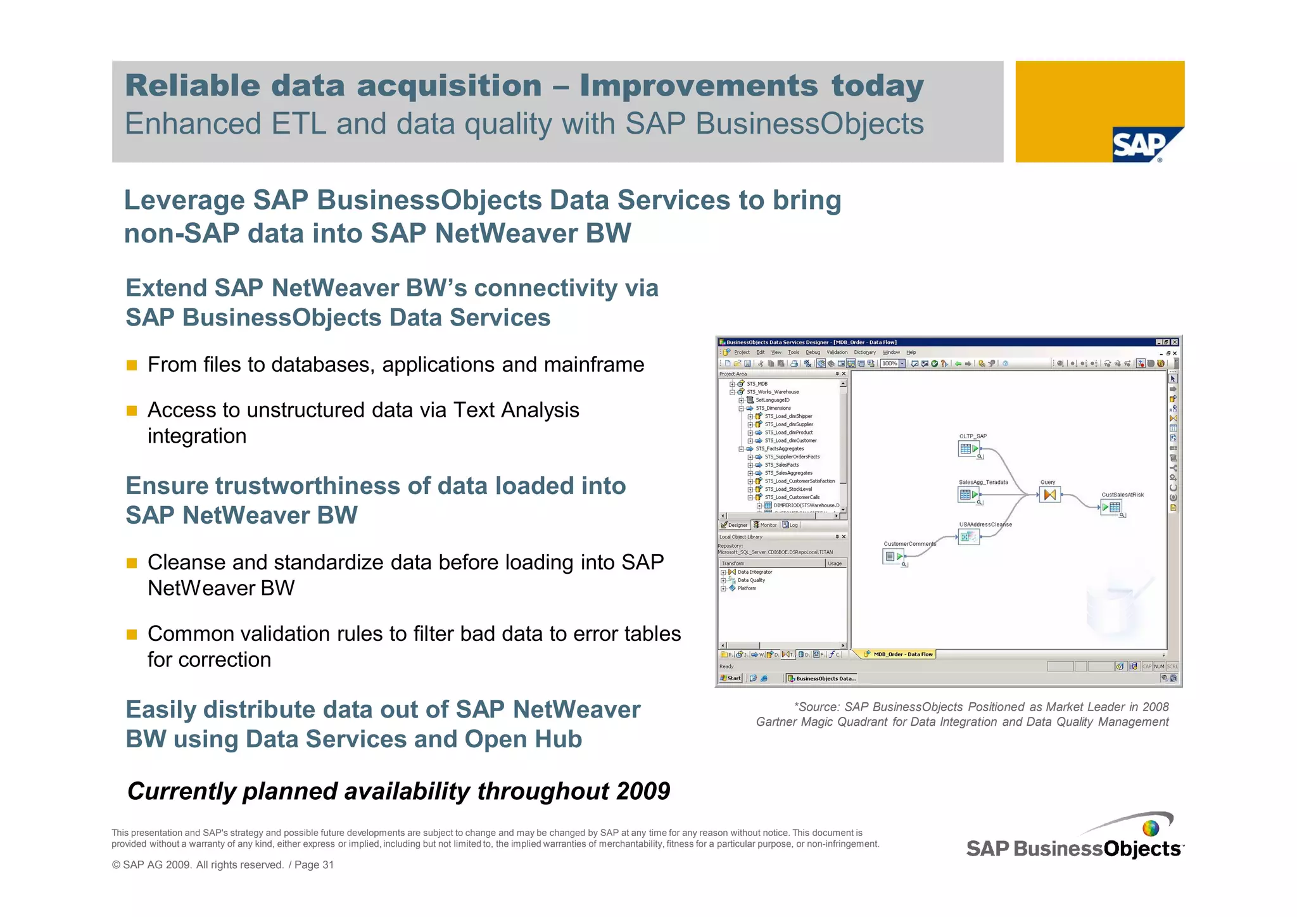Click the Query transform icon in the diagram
(x=1049, y=495)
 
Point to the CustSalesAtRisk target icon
(x=1111, y=507)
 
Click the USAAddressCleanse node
(x=968, y=537)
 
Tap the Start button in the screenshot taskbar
(x=731, y=678)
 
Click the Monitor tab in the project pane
(x=765, y=525)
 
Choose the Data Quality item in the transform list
(x=751, y=580)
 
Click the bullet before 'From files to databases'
(x=132, y=365)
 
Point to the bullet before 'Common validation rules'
(x=132, y=635)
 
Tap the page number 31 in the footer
(x=328, y=865)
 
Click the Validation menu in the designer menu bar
(x=837, y=352)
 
